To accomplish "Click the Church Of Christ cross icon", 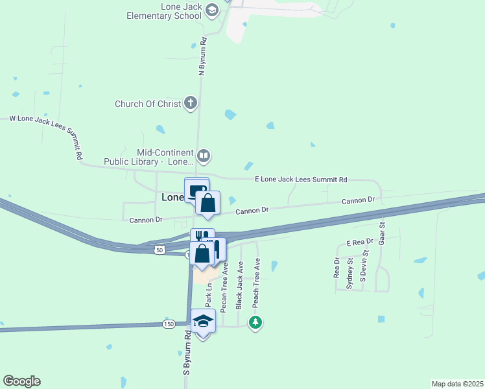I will tap(191, 102).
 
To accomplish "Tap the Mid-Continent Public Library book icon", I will tap(204, 155).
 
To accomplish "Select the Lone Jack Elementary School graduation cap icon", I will tap(211, 9).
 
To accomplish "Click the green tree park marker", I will tap(256, 322).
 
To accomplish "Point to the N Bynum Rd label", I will tap(203, 58).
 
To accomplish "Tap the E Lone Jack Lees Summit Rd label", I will tap(301, 180).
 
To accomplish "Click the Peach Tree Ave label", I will tap(256, 283).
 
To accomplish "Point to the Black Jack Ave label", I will tap(240, 285).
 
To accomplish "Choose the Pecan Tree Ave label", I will tap(225, 287).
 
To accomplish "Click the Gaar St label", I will tap(382, 233).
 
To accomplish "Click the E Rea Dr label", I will tap(361, 242).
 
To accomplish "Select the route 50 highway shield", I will tap(160, 249).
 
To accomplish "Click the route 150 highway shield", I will tap(169, 324).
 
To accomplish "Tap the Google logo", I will tap(21, 381).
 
